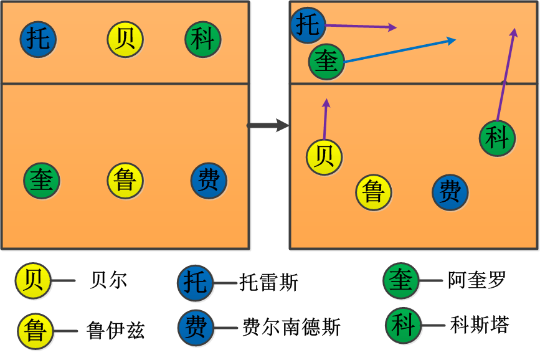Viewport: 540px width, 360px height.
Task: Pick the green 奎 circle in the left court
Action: (x=42, y=181)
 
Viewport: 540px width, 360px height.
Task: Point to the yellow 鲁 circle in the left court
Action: (x=125, y=181)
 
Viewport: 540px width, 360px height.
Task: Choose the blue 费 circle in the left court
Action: (x=209, y=181)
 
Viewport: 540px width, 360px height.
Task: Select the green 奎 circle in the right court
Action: (x=326, y=62)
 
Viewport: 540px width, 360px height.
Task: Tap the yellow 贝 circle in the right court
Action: (x=324, y=156)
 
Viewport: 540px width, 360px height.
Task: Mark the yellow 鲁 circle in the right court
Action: (x=374, y=192)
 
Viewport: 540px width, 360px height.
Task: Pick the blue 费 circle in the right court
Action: (x=450, y=192)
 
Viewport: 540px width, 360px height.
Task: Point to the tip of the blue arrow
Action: (x=455, y=40)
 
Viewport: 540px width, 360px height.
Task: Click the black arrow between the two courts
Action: (x=268, y=126)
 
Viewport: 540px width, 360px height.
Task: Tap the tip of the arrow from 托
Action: (x=396, y=27)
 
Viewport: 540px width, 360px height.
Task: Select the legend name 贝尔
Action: (x=109, y=280)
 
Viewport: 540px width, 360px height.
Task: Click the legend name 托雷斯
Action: (x=269, y=283)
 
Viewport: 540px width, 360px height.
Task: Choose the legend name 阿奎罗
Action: (x=476, y=280)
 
